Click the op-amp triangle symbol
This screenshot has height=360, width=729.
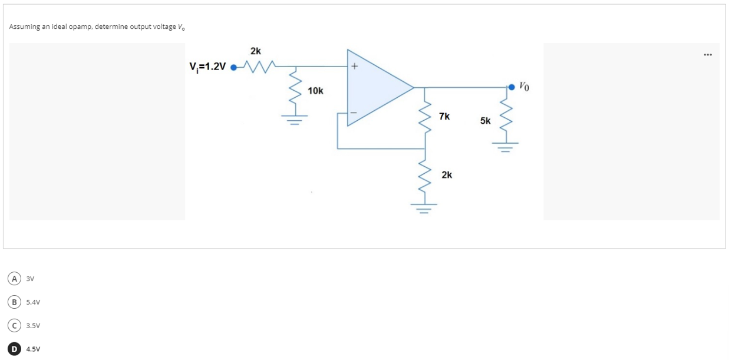(377, 88)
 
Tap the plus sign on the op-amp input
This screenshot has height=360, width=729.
(354, 67)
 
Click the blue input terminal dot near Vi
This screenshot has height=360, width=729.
(233, 67)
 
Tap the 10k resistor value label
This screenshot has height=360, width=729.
(315, 91)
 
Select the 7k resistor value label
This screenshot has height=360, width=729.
(444, 117)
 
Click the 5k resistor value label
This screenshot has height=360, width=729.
(485, 121)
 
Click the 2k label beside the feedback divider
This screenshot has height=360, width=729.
(447, 175)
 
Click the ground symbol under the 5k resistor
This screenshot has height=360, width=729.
(506, 146)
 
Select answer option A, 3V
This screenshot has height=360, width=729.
(12, 278)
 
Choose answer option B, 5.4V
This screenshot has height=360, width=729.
(12, 302)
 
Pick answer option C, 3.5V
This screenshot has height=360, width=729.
(12, 325)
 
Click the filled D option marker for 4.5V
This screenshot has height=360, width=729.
(12, 349)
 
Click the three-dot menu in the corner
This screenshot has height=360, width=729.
(707, 55)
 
